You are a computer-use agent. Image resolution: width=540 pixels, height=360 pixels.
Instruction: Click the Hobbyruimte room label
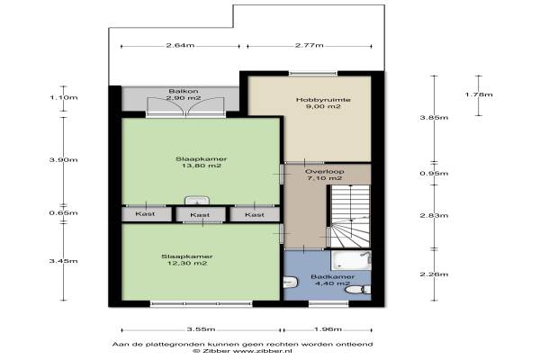(x=323, y=100)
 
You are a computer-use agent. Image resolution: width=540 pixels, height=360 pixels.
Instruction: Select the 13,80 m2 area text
(x=202, y=166)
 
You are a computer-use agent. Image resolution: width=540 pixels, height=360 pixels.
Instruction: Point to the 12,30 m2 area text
(x=187, y=263)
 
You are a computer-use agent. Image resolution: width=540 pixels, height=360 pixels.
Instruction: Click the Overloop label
(x=324, y=172)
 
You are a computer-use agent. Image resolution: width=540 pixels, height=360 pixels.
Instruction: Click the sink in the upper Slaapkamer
(x=197, y=200)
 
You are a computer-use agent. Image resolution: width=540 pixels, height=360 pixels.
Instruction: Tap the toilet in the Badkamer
(x=358, y=290)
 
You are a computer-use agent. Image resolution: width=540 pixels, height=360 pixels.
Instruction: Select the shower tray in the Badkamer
(x=351, y=260)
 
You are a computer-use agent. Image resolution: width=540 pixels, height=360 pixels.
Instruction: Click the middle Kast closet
(x=201, y=214)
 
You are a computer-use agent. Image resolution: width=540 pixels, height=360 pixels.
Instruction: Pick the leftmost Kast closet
(x=147, y=214)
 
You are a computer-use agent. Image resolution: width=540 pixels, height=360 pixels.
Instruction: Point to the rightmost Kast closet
(x=255, y=214)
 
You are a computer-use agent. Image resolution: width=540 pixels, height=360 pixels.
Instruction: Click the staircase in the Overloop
(x=348, y=216)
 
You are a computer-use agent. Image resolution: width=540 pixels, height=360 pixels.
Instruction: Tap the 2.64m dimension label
(x=181, y=45)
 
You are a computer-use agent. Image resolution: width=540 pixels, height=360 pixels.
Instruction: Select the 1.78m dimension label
(x=479, y=94)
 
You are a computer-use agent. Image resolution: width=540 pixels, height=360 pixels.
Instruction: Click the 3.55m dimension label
(x=201, y=329)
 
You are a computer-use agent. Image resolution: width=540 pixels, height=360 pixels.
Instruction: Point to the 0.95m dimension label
(x=435, y=174)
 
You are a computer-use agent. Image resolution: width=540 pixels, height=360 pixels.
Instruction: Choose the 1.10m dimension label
(x=64, y=97)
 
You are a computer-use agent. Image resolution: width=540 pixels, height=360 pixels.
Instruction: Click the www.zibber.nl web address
(x=263, y=351)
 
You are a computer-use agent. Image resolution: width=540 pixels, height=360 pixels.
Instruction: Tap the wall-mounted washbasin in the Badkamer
(x=290, y=283)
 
